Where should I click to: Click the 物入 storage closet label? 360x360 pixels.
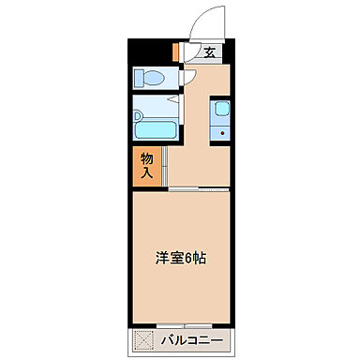click(x=147, y=165)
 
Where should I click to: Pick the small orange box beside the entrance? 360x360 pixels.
click(x=175, y=52)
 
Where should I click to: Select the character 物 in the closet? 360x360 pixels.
click(x=147, y=157)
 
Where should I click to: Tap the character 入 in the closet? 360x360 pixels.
click(x=147, y=172)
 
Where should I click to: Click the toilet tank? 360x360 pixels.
click(x=138, y=78)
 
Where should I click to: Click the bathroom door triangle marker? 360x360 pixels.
click(x=172, y=99)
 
